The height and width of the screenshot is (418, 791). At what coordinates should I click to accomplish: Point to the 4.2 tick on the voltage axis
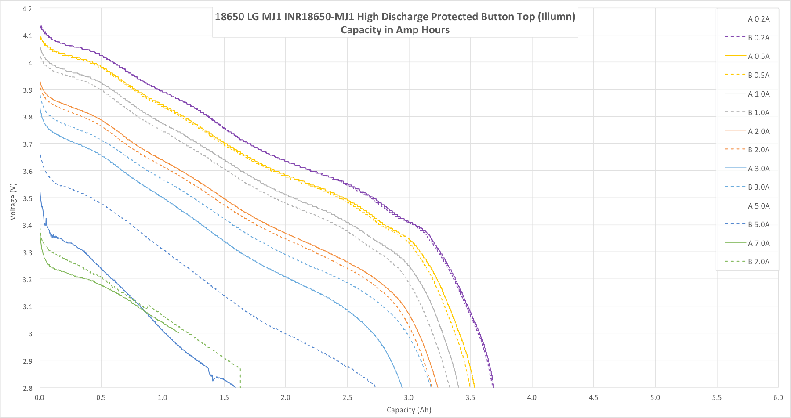(27, 9)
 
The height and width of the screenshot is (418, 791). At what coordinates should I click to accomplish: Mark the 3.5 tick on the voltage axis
(27, 198)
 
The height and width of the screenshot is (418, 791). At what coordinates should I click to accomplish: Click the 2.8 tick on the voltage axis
(27, 388)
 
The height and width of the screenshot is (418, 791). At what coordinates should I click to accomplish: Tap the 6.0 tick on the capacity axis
(778, 397)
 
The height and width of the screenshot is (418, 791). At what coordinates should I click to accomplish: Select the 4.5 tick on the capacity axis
(593, 397)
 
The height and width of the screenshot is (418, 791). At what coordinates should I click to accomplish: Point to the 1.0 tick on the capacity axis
(163, 397)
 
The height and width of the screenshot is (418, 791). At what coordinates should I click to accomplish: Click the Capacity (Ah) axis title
(409, 410)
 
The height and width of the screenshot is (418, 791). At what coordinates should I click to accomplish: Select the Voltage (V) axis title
(13, 202)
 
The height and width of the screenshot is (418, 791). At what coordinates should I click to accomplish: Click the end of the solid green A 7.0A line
(178, 332)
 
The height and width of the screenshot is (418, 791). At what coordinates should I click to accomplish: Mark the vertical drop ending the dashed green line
(240, 378)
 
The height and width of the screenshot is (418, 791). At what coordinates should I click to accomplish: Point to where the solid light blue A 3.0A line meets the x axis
(402, 387)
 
